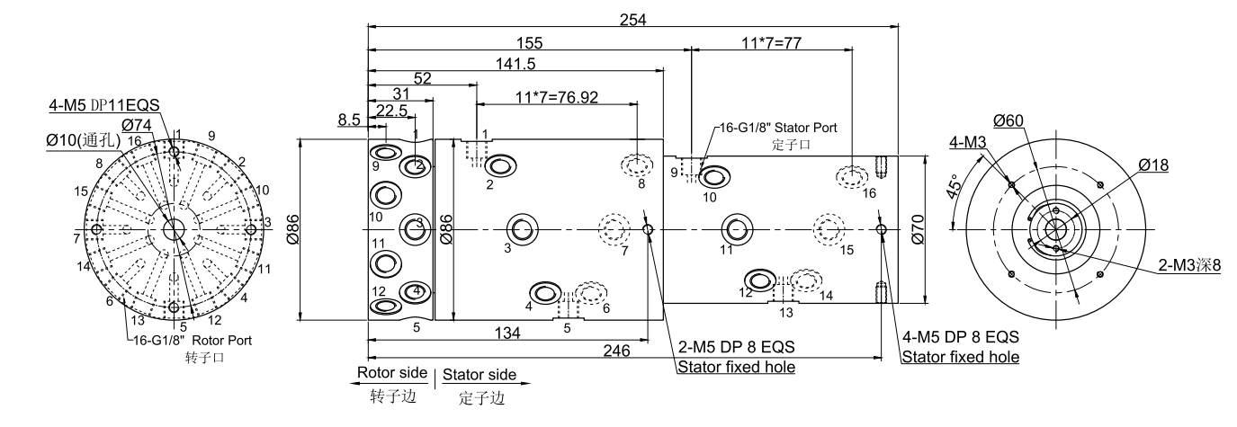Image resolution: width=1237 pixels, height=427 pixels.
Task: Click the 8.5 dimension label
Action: point(350,119)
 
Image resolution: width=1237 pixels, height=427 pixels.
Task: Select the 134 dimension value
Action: point(507,334)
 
